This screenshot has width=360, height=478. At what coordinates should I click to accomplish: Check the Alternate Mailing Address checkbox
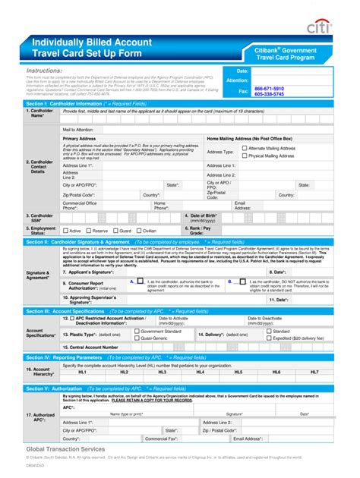pos(244,149)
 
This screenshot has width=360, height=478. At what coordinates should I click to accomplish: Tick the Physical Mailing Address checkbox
pos(244,156)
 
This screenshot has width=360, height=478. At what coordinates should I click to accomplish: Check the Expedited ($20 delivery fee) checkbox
pos(269,338)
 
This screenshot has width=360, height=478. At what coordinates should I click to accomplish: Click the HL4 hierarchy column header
pos(201,372)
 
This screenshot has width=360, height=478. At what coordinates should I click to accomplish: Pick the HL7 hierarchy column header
pos(314,372)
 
